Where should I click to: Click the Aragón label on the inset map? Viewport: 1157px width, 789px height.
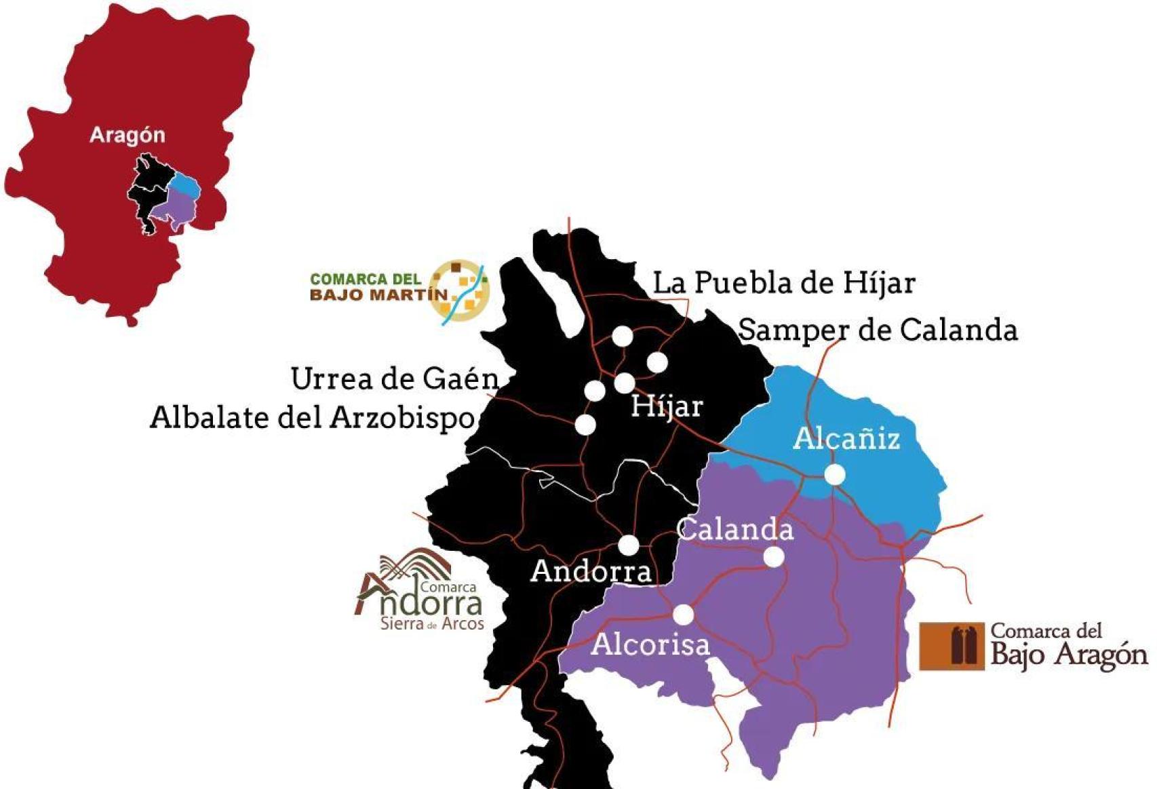point(128,135)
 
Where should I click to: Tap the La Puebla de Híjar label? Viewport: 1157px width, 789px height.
point(783,284)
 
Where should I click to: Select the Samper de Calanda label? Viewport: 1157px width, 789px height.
point(878,330)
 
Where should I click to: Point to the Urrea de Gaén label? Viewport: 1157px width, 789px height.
point(394,379)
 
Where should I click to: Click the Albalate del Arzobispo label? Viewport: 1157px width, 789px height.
point(312,418)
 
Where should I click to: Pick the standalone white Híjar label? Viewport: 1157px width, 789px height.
point(667,406)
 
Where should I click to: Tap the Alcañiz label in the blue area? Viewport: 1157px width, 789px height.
point(846,439)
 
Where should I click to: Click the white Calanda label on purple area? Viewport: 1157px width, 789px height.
point(735,529)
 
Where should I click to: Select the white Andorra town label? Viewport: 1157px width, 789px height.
point(591,571)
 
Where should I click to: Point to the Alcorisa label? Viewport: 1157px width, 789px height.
point(650,644)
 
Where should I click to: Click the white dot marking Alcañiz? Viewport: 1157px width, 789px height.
point(835,475)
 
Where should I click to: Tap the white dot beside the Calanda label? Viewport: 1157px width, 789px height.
point(774,557)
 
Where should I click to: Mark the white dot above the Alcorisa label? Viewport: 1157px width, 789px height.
point(684,615)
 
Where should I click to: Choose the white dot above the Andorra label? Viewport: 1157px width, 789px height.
point(629,545)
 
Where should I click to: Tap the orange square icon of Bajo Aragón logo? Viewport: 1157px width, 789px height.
point(952,646)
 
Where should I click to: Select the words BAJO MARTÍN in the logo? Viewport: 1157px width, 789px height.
point(378,295)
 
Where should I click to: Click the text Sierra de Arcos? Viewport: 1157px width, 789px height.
point(432,623)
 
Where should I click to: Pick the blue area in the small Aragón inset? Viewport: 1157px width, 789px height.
point(184,182)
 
